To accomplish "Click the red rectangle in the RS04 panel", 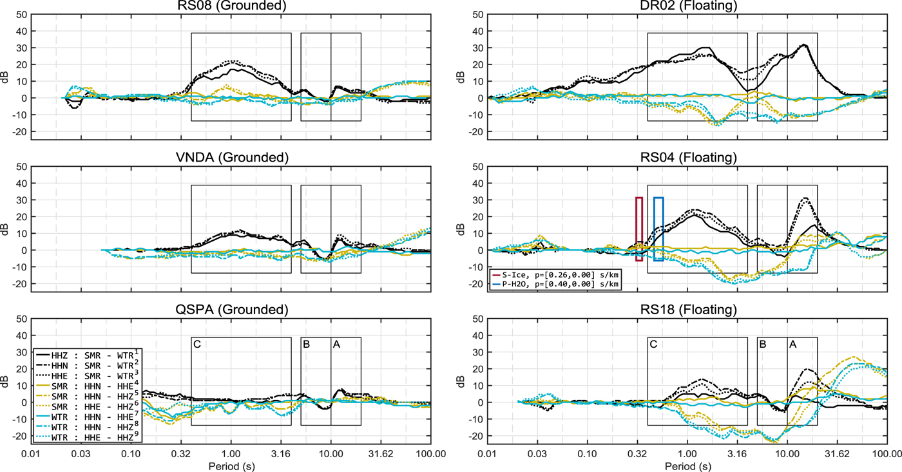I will (639, 229).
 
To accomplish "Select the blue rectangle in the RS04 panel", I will (658, 229).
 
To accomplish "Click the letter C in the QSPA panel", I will (198, 345).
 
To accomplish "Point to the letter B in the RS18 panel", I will (763, 345).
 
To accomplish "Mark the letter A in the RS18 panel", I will (792, 345).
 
